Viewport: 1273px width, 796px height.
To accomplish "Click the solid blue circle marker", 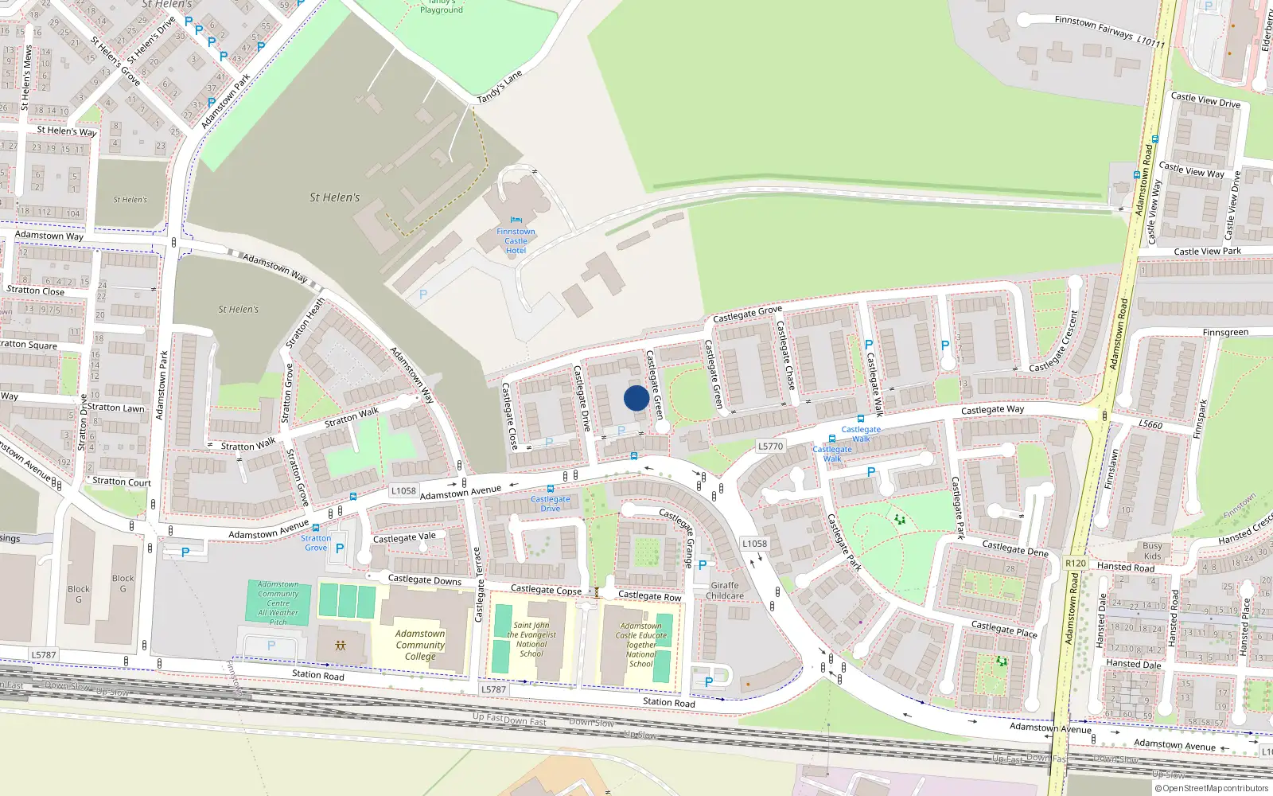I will (636, 398).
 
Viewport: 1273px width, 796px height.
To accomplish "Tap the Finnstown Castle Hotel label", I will (516, 241).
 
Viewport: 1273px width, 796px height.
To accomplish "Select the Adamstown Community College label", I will (420, 645).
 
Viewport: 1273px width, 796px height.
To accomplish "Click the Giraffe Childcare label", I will (724, 591).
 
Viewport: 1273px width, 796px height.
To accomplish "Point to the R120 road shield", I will (1075, 563).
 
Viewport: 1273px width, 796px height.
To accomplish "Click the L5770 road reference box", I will (770, 447).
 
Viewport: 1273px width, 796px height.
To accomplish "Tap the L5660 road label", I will (1150, 424).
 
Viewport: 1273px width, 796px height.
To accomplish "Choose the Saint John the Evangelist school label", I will (531, 639).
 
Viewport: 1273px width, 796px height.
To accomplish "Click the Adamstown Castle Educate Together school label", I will (640, 645).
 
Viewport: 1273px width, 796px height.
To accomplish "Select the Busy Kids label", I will (1152, 551).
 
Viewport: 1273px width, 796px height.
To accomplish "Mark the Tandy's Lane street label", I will (500, 87).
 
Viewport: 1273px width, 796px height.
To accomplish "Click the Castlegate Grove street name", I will (747, 314).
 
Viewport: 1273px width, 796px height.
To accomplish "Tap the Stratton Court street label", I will (121, 482).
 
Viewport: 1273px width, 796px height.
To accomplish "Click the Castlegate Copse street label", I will (546, 590).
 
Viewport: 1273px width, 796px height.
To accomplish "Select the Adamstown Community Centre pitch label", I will (278, 603).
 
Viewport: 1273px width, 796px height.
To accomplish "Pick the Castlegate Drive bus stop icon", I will (551, 489).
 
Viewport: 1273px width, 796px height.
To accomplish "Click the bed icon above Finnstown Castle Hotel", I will (516, 220).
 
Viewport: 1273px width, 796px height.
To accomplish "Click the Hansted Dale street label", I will (1133, 664).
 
